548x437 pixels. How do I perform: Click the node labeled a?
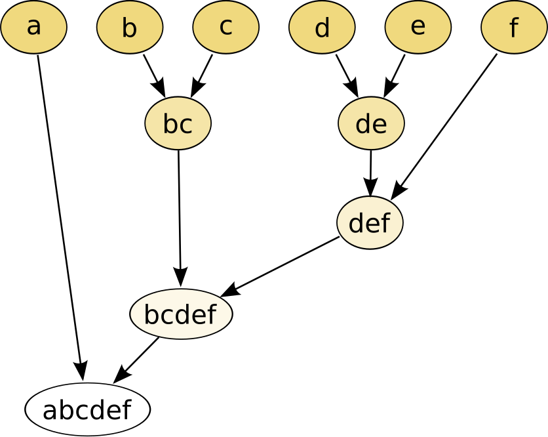coord(33,28)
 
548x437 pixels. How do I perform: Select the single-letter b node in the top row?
coord(130,28)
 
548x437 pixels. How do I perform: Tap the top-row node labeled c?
coord(225,28)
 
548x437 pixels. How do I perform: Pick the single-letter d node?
coord(322,28)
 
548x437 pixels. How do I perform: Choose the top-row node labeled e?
coord(418,28)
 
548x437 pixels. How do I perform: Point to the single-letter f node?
coord(514,28)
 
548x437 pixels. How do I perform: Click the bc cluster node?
coord(178,123)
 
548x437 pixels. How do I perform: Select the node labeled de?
coord(371,123)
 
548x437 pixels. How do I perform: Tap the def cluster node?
coord(370,223)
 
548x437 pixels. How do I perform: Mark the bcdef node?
coord(181,314)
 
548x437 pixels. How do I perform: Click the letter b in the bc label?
coord(170,123)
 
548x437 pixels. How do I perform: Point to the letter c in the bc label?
coord(186,125)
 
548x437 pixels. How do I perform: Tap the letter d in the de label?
coord(363,123)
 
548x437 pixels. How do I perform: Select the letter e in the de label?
coord(379,125)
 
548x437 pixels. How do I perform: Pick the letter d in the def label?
coord(356,223)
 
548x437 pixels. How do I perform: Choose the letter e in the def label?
coord(372,224)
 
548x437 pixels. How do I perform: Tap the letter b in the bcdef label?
coord(151,314)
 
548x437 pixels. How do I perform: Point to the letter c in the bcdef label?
coord(166,316)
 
